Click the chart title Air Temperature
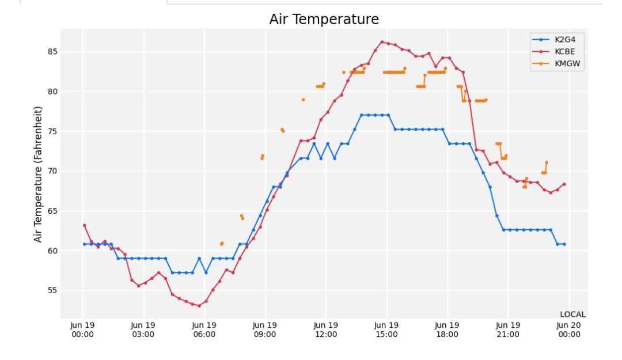tap(324, 19)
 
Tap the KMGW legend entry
tap(556, 63)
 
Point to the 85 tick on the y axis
tap(52, 52)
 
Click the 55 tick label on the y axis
tap(52, 290)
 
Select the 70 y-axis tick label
tap(52, 171)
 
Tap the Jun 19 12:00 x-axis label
tap(325, 330)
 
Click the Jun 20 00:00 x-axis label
tap(569, 330)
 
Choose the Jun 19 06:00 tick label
tap(204, 330)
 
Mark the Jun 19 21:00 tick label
tap(508, 330)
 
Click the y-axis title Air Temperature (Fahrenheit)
tap(37, 175)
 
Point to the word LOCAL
tap(573, 314)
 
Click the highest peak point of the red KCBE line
tap(382, 41)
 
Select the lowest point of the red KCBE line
tap(199, 306)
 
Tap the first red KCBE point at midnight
tap(84, 225)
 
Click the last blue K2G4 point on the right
tap(564, 244)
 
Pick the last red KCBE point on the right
tap(564, 184)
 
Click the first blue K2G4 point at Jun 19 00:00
tap(84, 244)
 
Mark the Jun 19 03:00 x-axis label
tap(143, 330)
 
